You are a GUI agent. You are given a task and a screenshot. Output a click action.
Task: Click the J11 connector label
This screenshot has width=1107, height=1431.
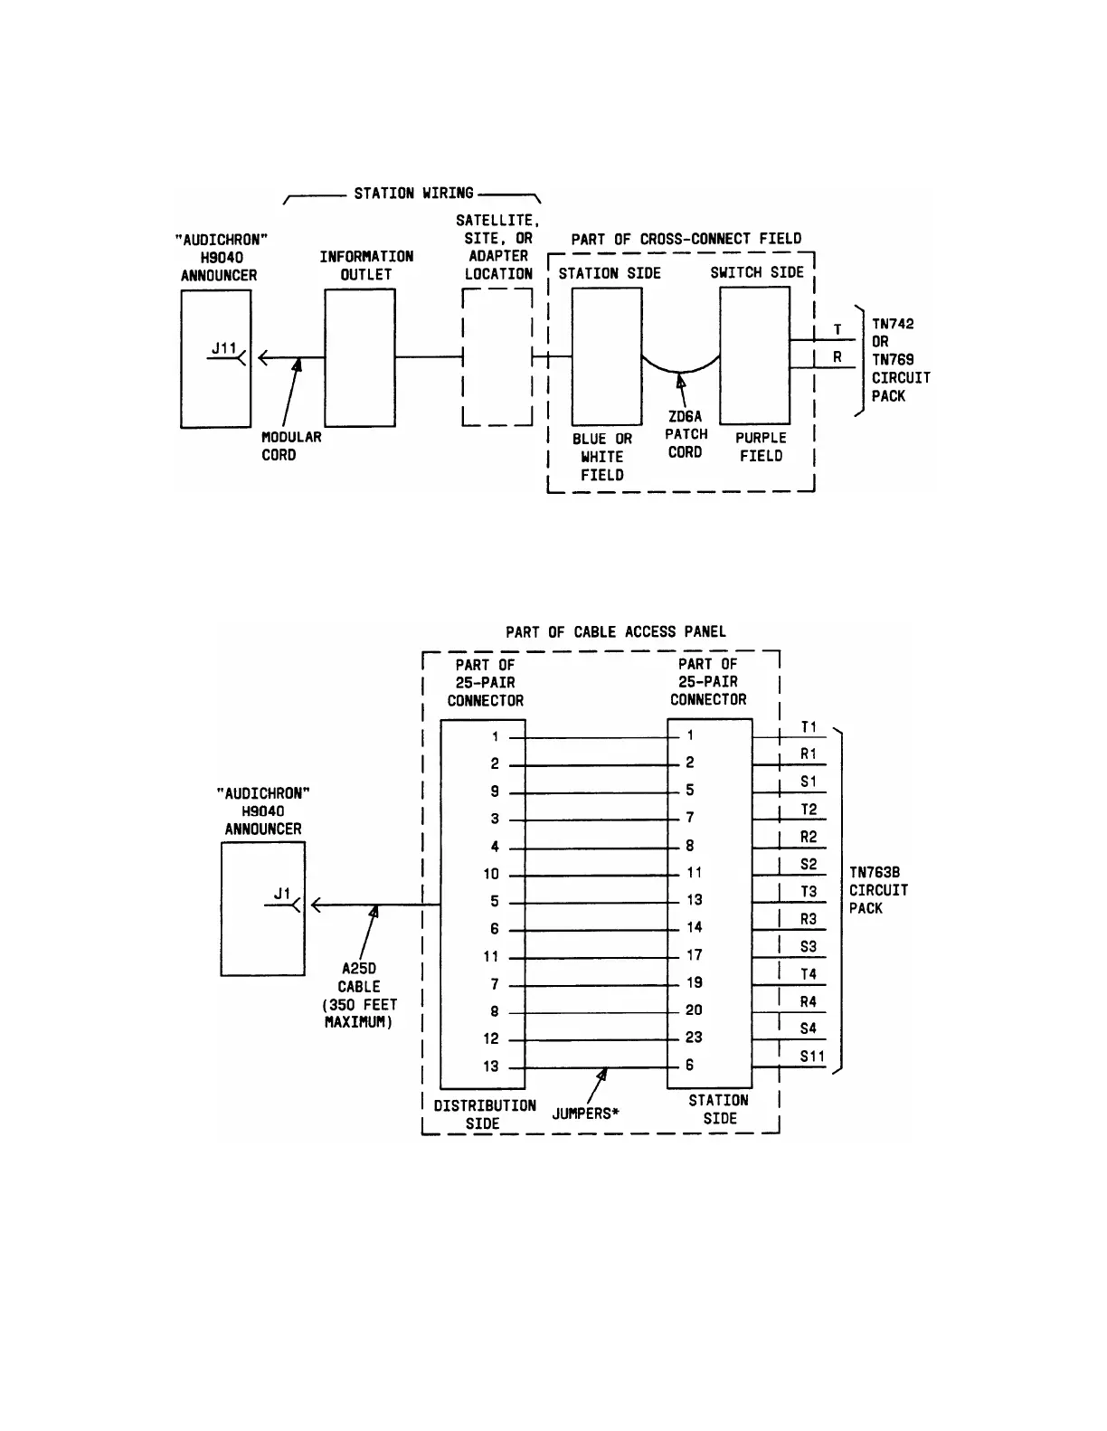(x=223, y=348)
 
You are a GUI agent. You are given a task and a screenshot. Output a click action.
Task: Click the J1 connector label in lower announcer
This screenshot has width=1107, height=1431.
(x=282, y=894)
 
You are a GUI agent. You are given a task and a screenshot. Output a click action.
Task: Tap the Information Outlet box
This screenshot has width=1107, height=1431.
(x=359, y=357)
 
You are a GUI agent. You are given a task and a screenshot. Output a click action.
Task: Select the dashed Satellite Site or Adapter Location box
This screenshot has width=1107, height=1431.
(x=497, y=357)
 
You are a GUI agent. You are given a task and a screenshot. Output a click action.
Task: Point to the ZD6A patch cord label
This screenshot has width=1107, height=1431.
(x=686, y=434)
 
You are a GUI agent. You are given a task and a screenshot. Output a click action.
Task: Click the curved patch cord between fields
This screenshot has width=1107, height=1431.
(x=681, y=369)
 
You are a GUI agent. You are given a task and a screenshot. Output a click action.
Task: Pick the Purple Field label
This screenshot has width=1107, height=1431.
(x=761, y=447)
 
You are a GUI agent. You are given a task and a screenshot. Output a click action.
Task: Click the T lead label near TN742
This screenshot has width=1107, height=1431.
(x=837, y=330)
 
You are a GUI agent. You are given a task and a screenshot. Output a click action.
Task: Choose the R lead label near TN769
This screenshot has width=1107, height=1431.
(x=837, y=357)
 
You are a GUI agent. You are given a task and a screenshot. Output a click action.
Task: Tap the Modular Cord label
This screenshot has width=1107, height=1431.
(x=291, y=446)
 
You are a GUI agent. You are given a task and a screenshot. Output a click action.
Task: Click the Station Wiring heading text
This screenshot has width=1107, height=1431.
(x=413, y=193)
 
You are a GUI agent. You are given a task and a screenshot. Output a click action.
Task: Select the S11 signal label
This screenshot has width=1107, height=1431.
(x=811, y=1056)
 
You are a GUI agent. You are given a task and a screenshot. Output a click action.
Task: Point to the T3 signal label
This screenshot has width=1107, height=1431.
(x=809, y=891)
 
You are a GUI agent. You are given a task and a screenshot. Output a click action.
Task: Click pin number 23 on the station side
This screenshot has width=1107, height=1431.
(x=694, y=1038)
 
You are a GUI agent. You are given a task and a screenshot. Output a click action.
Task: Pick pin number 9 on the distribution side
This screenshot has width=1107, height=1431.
(x=495, y=791)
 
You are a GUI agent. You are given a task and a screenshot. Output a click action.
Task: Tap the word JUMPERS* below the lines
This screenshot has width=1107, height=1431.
(x=585, y=1114)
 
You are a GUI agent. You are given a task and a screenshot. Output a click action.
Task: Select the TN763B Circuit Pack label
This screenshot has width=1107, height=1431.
(x=878, y=890)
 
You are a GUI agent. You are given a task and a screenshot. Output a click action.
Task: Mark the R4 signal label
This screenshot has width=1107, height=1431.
(x=809, y=1001)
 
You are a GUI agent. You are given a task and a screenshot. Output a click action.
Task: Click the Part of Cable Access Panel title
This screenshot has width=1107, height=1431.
(x=616, y=631)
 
